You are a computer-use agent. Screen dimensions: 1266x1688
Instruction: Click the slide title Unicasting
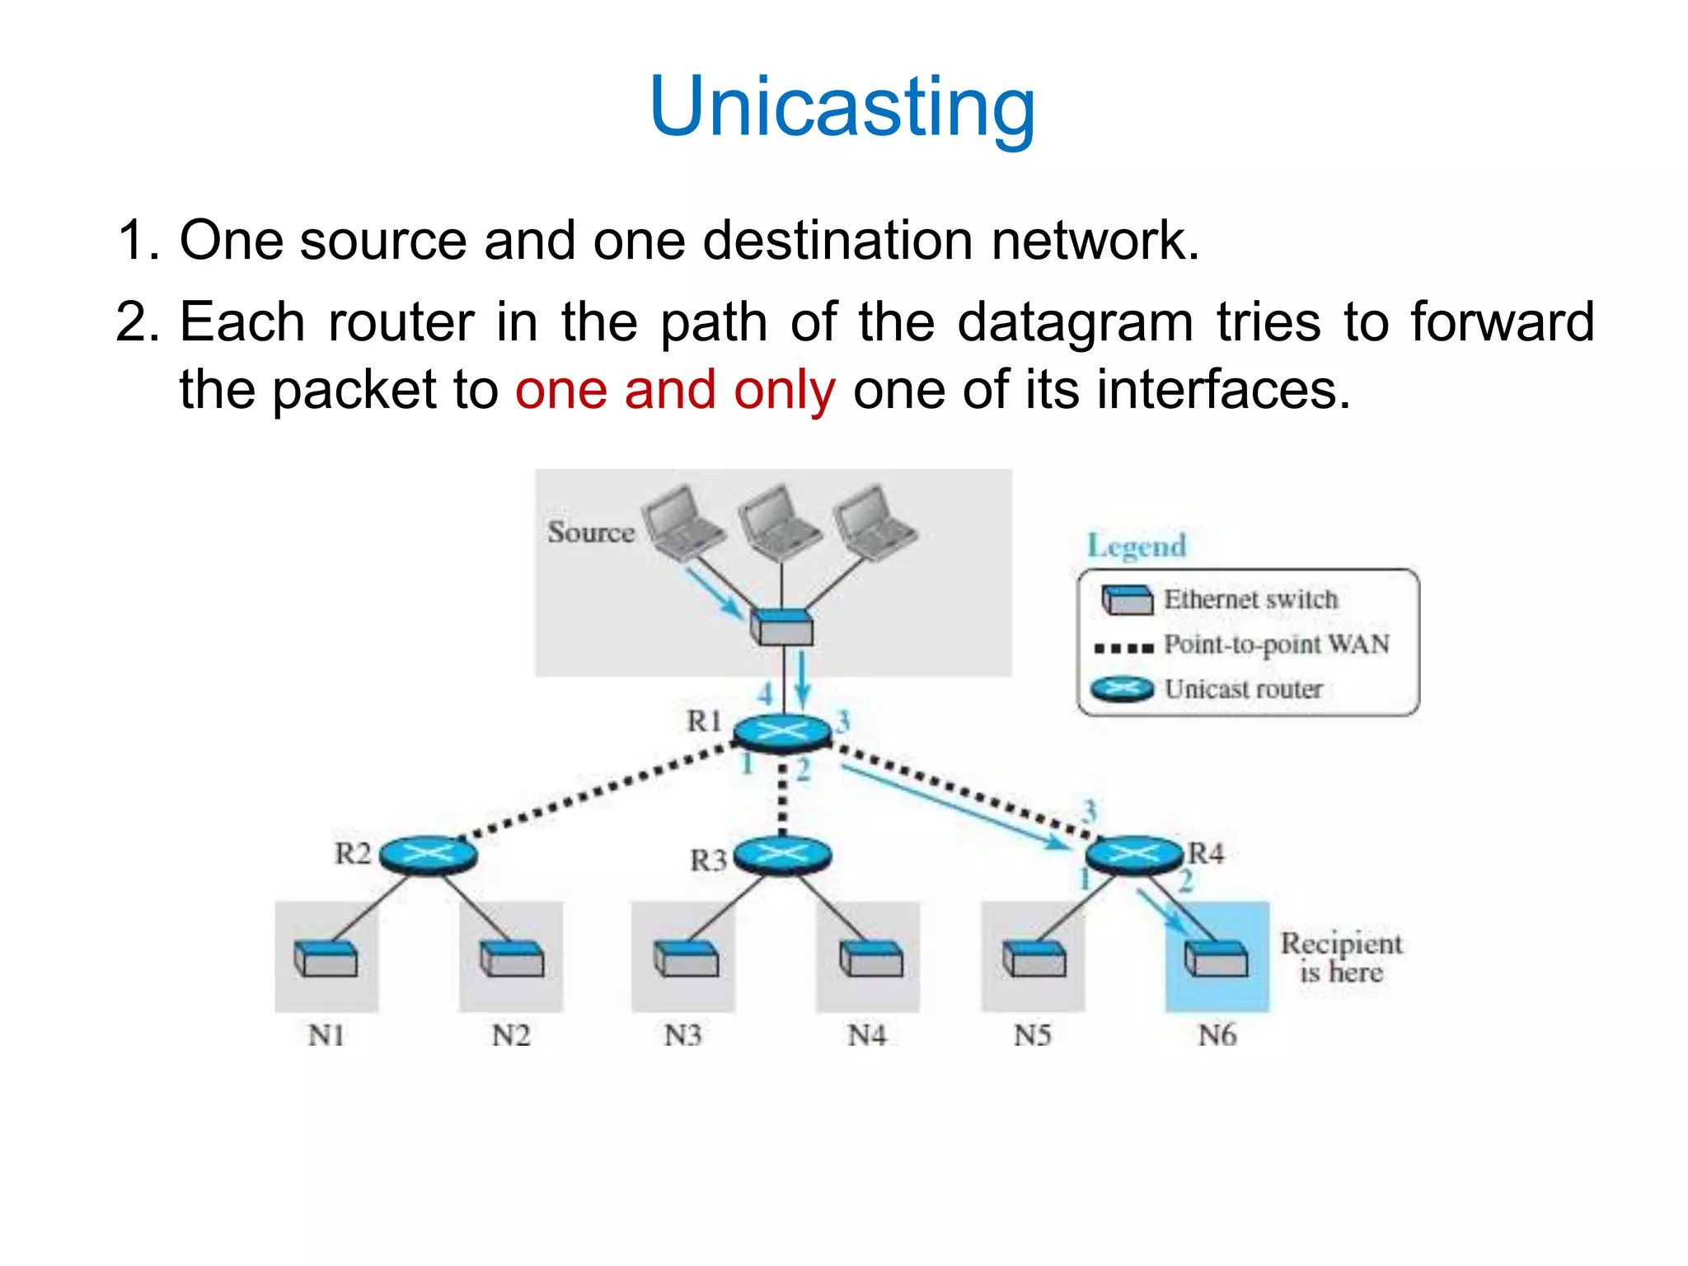(x=842, y=107)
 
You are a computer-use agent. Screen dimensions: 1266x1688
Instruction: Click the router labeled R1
(x=781, y=731)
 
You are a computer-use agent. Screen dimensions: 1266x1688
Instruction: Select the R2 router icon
(x=427, y=854)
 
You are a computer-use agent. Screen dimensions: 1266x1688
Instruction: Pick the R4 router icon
(x=1134, y=854)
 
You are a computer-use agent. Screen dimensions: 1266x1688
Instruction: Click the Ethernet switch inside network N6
(x=1216, y=959)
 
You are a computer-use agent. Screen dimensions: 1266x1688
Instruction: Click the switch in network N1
(x=326, y=959)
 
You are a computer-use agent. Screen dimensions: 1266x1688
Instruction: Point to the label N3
(x=682, y=1034)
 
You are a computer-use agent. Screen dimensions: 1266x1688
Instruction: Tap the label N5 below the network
(x=1032, y=1034)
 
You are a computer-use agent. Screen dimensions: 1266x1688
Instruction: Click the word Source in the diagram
(x=590, y=532)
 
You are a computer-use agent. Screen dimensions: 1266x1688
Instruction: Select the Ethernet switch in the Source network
(x=781, y=628)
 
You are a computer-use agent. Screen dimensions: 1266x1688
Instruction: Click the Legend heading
(x=1136, y=546)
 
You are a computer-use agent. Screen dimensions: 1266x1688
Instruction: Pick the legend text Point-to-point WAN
(x=1276, y=645)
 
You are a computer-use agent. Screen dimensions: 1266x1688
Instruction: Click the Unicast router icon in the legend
(x=1122, y=688)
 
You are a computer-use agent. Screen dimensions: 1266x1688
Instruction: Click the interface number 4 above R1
(x=766, y=693)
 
